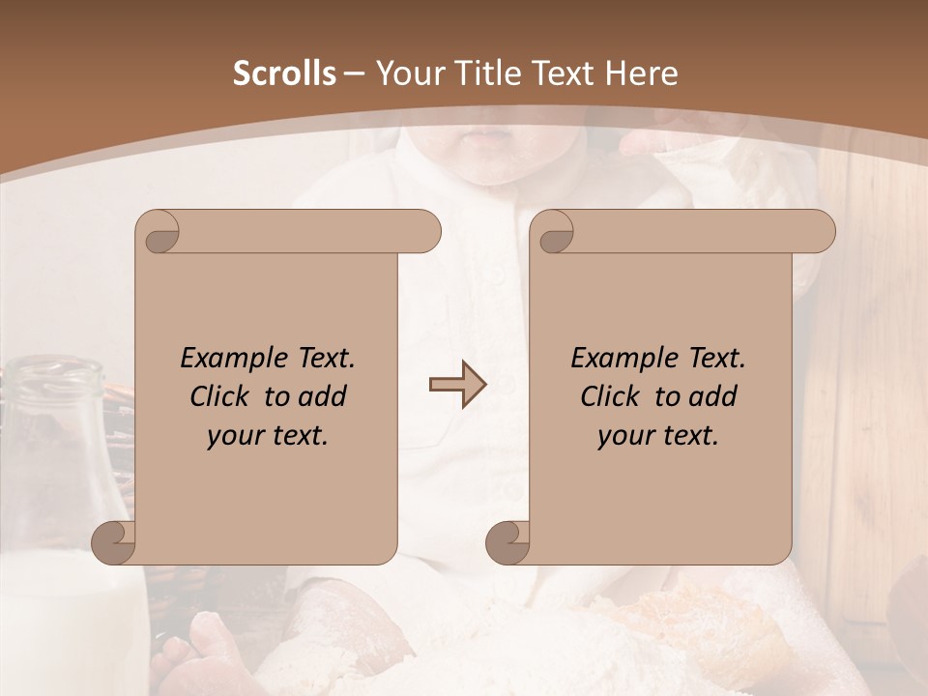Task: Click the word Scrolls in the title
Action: (284, 73)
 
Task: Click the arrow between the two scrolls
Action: (457, 386)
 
